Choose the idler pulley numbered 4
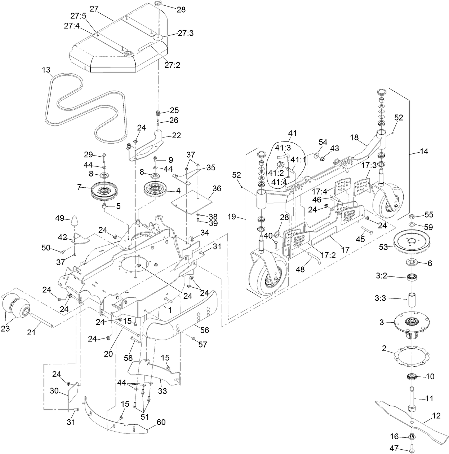(x=155, y=189)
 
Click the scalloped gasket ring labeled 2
(x=411, y=357)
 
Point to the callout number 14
(x=424, y=152)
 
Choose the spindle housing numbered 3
(x=411, y=323)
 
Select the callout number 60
(x=161, y=422)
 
